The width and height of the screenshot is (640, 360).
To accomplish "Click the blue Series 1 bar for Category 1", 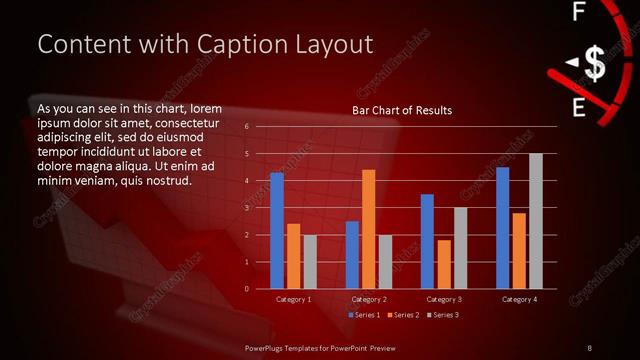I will click(277, 231).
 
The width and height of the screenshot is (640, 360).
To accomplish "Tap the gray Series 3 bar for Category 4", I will click(536, 221).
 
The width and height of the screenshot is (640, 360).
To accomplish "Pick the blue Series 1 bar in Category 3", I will click(427, 241).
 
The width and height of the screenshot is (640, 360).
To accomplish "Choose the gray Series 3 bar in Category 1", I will click(310, 262).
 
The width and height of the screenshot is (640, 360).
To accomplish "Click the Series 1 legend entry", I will click(363, 315).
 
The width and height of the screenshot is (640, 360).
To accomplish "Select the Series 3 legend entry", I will click(444, 315).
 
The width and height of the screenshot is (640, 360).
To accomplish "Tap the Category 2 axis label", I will click(369, 299).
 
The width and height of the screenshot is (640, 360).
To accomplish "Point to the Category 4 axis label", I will click(519, 299).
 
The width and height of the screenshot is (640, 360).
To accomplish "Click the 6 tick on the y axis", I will click(246, 127).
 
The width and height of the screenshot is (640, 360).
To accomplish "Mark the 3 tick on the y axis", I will click(246, 208).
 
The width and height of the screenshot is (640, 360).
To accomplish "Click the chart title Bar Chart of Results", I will click(402, 110).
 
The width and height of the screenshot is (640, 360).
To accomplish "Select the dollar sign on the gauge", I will click(594, 64).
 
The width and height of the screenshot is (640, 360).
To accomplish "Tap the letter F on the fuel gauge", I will click(578, 13).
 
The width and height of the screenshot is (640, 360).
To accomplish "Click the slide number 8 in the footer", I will click(589, 347).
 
